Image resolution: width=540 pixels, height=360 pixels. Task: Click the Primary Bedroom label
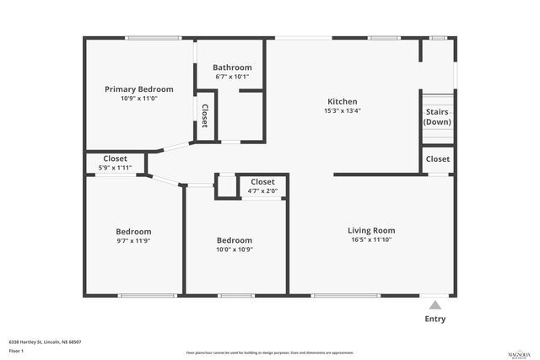point(138,89)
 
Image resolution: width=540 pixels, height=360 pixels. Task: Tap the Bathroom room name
point(232,67)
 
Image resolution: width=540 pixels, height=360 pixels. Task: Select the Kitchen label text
point(343,101)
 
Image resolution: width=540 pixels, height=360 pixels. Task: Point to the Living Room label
point(371,230)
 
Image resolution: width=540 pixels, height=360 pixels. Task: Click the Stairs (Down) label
point(437,116)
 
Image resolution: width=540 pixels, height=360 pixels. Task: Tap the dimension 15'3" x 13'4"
point(343,110)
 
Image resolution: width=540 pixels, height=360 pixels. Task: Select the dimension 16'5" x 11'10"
point(371,239)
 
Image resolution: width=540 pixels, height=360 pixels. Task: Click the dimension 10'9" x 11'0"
point(138,98)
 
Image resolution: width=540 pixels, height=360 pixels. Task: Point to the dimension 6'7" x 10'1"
point(232,77)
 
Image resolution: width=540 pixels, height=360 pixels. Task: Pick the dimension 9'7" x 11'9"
point(133,240)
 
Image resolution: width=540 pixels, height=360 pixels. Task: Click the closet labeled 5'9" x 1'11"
point(116,167)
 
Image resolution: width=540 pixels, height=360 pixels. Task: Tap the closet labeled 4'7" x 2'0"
point(262,191)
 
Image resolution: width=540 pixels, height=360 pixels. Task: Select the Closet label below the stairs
point(438,159)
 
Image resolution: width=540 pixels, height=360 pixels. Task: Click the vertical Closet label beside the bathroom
point(205,114)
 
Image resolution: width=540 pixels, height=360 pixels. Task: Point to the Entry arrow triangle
point(435,304)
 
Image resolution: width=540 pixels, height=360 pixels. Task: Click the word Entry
point(435,320)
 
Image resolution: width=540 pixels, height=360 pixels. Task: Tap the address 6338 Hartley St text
point(45,341)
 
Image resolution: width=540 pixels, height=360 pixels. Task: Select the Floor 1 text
point(16,350)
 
